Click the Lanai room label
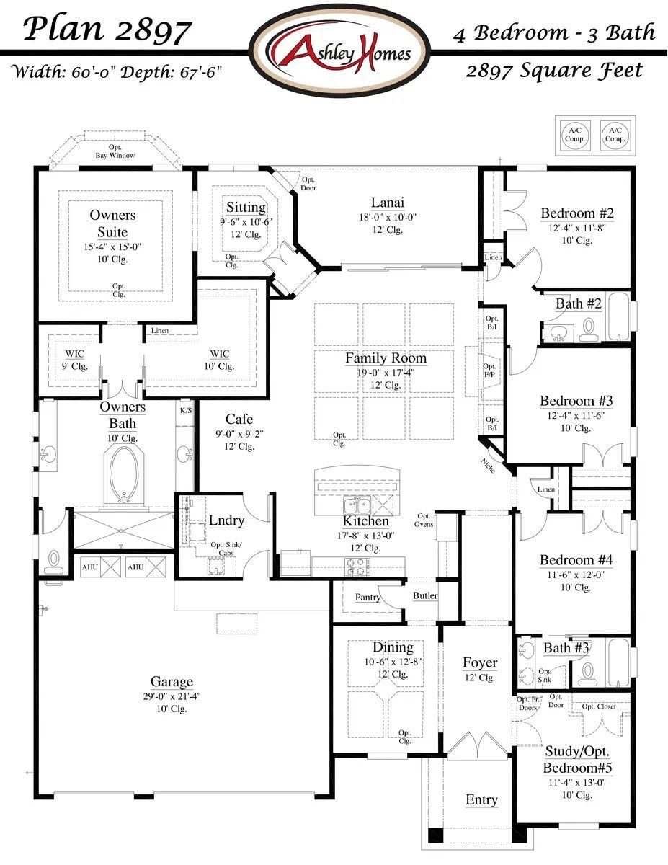pos(387,203)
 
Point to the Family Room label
pos(386,358)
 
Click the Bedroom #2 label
pos(576,213)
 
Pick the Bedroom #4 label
pos(576,560)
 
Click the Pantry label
pos(368,598)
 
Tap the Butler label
pos(424,595)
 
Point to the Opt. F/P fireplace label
pos(489,371)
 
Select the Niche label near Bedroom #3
pos(489,466)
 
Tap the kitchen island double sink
pos(357,504)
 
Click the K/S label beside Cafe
pos(185,410)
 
